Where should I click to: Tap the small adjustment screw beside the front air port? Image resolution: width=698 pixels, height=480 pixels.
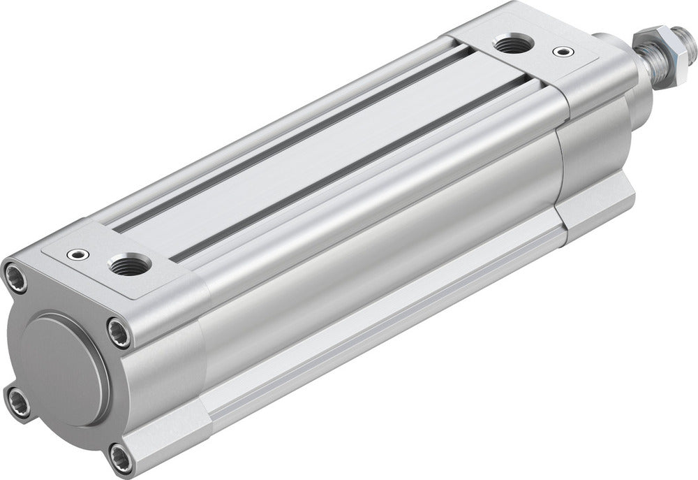[559, 51]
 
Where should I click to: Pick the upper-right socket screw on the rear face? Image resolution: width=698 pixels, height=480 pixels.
[119, 332]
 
